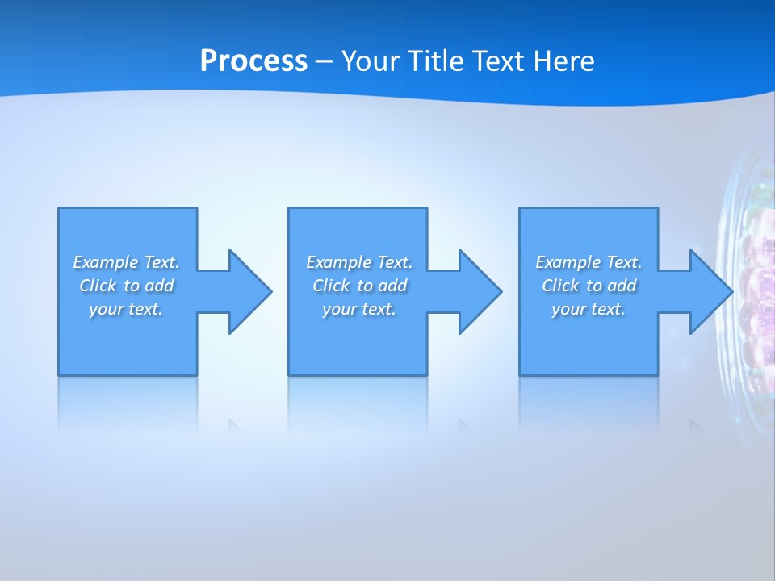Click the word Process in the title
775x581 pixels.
pos(253,61)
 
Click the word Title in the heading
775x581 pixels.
pos(434,61)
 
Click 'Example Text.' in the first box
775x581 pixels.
pos(126,262)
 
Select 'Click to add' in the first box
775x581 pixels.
pos(126,286)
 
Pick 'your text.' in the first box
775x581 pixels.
pos(126,309)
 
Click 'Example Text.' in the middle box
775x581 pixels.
pos(359,262)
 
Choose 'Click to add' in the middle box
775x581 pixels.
pos(359,286)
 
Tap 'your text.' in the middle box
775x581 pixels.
pos(359,309)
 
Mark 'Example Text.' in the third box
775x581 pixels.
pos(589,262)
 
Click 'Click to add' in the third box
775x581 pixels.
pos(589,286)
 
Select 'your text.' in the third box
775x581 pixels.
pos(589,309)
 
